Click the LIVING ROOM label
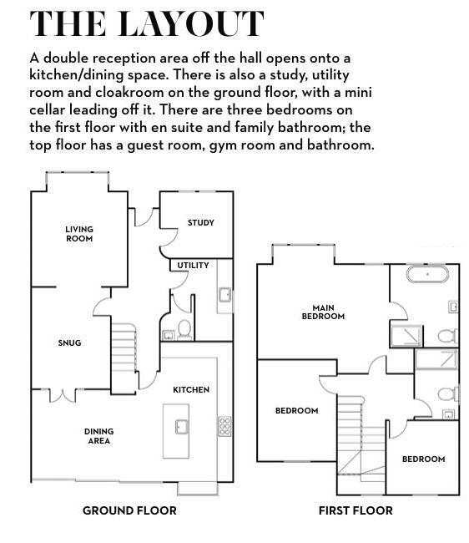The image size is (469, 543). (79, 234)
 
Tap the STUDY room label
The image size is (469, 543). (201, 223)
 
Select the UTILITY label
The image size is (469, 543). (193, 266)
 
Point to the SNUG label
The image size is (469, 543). (69, 343)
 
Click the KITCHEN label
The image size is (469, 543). (191, 389)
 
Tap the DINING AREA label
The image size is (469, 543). (99, 436)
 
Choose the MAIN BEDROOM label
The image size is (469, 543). (323, 312)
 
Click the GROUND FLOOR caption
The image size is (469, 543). (129, 510)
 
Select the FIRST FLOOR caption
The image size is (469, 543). (356, 510)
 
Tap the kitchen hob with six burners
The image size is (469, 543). (224, 426)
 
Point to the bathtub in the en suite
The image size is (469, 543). (427, 274)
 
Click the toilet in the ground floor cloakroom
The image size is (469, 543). (184, 329)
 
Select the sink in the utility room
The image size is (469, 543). (225, 295)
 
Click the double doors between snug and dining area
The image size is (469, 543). (63, 395)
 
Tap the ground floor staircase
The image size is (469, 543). (124, 348)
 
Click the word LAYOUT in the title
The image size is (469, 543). (191, 23)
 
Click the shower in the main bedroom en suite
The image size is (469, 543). (406, 336)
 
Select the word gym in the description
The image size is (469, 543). (224, 145)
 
